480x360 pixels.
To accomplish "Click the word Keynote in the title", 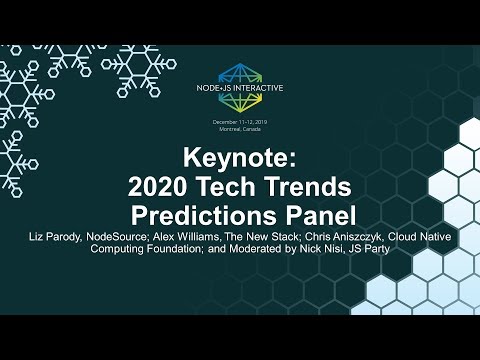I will coord(240,159).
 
